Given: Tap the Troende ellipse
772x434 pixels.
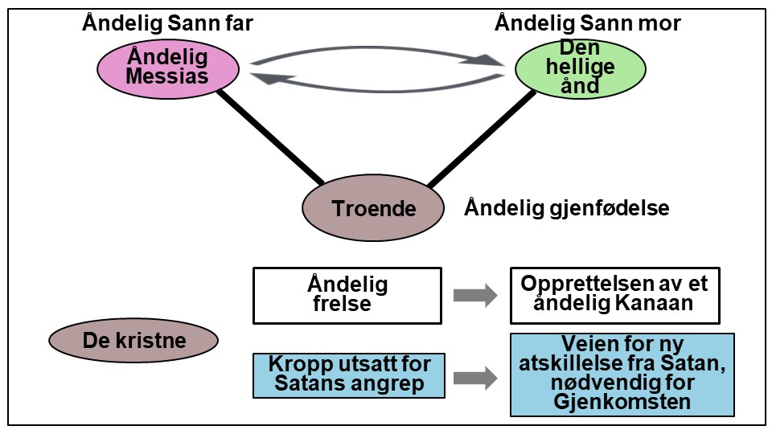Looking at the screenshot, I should [x=373, y=209].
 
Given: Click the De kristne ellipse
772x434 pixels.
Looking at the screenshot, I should [x=134, y=340].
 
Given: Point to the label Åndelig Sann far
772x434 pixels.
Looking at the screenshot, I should [x=167, y=23].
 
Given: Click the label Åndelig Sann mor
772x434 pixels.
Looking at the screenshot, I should [x=587, y=23].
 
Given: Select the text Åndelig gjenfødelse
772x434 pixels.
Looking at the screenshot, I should [x=566, y=209].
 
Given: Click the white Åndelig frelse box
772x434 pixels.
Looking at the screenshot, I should [x=347, y=295].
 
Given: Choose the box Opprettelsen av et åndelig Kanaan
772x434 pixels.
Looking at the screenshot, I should [x=614, y=295].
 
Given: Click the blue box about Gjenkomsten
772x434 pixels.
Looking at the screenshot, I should [x=622, y=375].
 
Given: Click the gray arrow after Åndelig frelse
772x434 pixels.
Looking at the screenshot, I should [x=475, y=295].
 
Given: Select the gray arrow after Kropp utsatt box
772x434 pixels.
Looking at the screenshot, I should [x=475, y=379].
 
